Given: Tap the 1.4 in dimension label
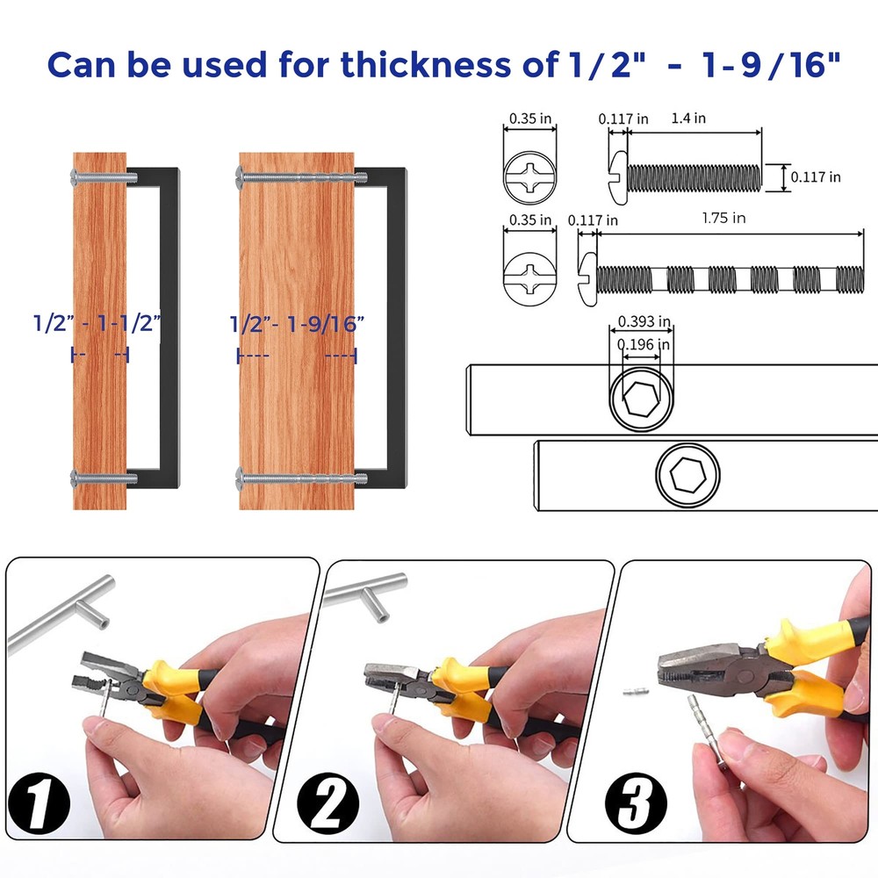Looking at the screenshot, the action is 688,119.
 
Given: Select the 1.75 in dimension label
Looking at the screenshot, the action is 723,218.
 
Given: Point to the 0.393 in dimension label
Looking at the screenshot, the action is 644,321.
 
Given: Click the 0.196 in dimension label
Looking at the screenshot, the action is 643,344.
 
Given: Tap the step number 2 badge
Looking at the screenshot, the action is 327,804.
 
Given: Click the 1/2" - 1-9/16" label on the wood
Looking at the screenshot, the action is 298,324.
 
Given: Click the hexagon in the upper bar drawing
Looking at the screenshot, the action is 641,399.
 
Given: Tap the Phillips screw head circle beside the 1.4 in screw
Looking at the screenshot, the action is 529,178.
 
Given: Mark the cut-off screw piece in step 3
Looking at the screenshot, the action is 636,692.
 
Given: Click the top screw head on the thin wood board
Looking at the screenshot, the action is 76,177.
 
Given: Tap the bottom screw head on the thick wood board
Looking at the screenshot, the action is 241,479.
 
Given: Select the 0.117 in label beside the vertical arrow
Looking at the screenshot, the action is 816,177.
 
